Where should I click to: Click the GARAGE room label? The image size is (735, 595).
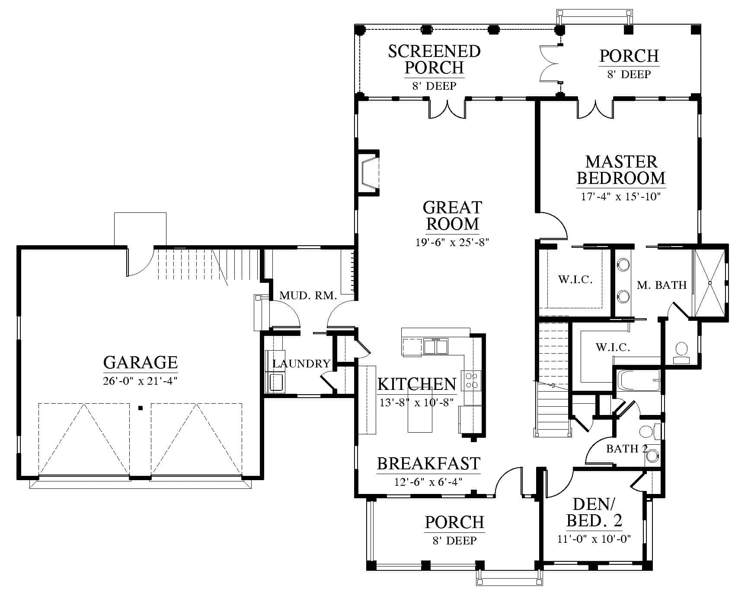[x=141, y=362]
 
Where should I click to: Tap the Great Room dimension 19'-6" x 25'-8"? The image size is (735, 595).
[x=452, y=242]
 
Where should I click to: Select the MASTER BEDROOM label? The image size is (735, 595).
[x=621, y=170]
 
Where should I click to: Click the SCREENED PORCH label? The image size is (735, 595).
[x=434, y=59]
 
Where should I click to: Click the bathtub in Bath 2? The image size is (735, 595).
[x=637, y=380]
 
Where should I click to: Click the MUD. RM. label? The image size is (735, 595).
[x=308, y=296]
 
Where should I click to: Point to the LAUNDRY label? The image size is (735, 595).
[x=301, y=364]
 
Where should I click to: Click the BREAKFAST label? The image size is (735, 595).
[x=428, y=464]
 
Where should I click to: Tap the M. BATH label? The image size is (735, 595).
[x=661, y=285]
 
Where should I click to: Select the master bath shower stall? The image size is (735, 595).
[x=709, y=283]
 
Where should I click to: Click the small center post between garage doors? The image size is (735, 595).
[x=140, y=408]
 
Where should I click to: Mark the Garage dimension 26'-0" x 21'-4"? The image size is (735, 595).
[x=141, y=381]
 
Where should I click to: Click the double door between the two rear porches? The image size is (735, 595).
[x=549, y=63]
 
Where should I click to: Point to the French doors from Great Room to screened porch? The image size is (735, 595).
[x=447, y=109]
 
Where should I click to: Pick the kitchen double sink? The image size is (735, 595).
[x=436, y=346]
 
